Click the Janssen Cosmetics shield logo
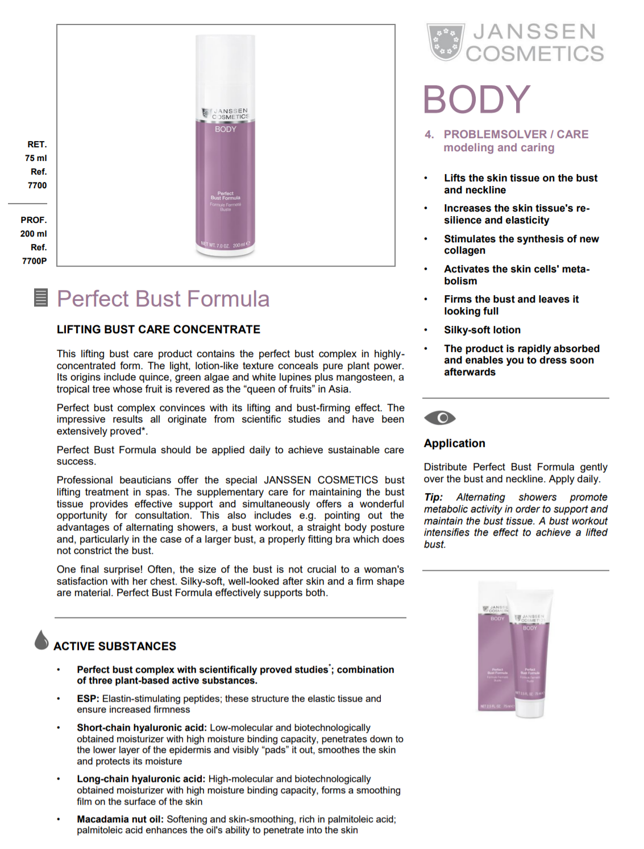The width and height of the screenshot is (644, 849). point(445,42)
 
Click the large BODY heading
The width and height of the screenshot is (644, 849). point(476,100)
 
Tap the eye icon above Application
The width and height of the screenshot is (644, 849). point(439,418)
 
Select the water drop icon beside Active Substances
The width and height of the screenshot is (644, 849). point(41,640)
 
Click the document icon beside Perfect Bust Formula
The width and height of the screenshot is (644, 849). point(41,298)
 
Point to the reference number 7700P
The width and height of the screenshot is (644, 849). point(35,261)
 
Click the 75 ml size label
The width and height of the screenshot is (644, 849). point(36,158)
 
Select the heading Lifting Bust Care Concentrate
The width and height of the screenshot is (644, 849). point(158,330)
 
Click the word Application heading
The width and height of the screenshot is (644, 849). point(454,444)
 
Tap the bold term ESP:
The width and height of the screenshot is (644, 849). point(88,699)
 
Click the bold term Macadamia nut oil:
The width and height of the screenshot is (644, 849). point(120,819)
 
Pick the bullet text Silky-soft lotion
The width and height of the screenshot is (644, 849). point(482,330)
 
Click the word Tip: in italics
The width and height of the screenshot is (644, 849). point(433,498)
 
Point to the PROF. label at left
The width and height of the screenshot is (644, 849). point(34,220)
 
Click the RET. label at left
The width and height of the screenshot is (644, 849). point(37,144)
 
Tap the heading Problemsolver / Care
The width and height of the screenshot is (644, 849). point(516,135)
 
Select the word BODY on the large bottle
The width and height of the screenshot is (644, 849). point(225,129)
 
